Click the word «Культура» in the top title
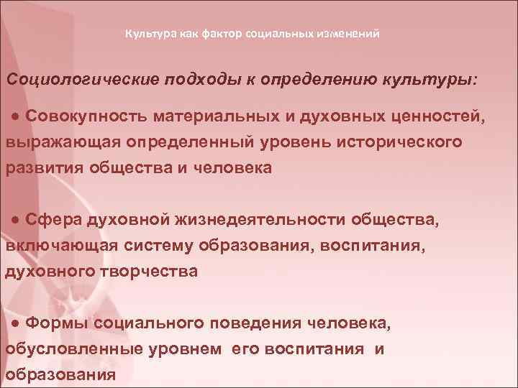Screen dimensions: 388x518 (x=148, y=34)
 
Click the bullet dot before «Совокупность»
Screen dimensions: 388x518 (x=16, y=116)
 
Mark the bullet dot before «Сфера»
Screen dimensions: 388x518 (x=16, y=220)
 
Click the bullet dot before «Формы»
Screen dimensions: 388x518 (x=16, y=323)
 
